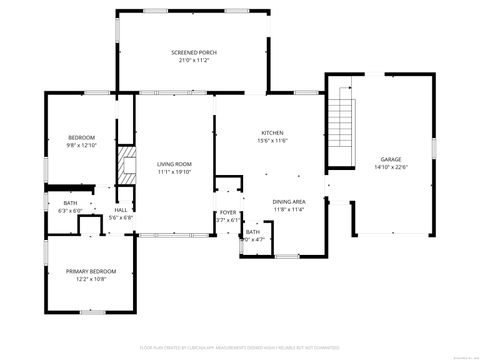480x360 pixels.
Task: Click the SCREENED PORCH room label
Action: pos(194,52)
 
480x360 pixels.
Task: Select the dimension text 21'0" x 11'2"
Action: pos(194,60)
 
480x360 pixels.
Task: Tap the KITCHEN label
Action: pos(273,133)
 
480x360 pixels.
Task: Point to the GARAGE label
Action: pos(390,160)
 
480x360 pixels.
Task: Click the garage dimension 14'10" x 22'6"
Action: pos(390,168)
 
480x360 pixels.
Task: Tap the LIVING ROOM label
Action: pos(174,164)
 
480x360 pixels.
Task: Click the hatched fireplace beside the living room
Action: pos(126,165)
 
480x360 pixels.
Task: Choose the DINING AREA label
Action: pos(289,202)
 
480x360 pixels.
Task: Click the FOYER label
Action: pos(228,212)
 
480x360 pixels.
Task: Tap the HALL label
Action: pos(120,210)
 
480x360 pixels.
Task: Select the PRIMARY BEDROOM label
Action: pos(91,271)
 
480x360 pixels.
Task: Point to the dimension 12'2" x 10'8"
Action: pos(91,279)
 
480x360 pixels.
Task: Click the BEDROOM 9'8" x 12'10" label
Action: pos(81,137)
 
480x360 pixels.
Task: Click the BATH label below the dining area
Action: pos(253,232)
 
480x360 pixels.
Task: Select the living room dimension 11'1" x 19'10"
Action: pos(174,172)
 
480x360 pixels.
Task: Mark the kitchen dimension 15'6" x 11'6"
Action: pos(273,141)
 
